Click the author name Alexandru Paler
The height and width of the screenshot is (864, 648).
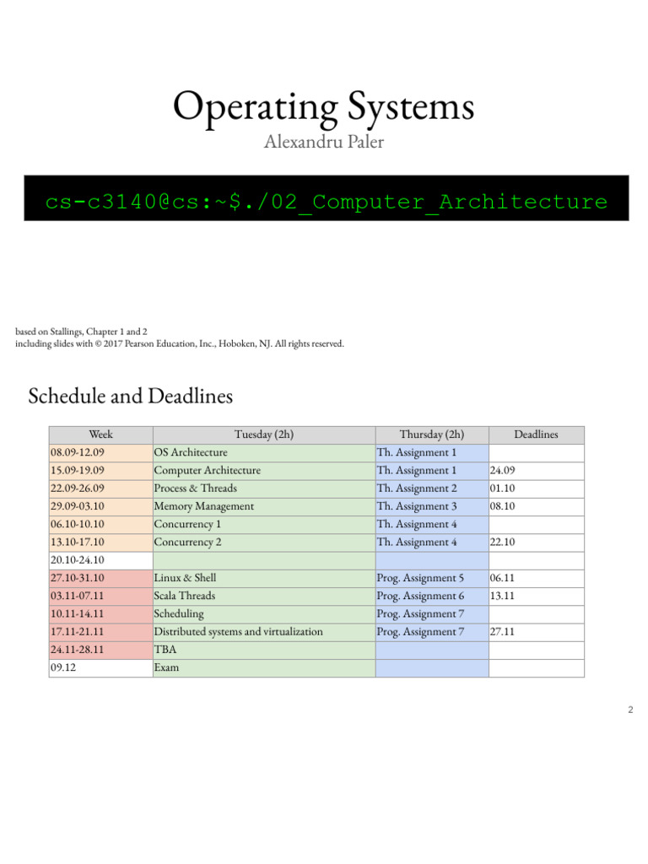click(324, 142)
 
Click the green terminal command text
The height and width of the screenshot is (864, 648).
click(327, 202)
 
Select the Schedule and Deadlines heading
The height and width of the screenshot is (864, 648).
click(130, 395)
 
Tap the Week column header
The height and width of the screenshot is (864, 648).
click(100, 435)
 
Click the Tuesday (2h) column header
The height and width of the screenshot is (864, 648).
click(263, 435)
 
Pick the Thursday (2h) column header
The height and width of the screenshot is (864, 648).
click(431, 435)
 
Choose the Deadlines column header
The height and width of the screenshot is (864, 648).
click(536, 435)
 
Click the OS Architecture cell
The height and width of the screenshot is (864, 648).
click(191, 452)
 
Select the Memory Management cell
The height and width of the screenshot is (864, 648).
click(203, 506)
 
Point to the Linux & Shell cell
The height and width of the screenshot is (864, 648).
click(185, 578)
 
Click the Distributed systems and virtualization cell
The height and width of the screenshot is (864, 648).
click(238, 631)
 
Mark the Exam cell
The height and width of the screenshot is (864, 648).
click(166, 667)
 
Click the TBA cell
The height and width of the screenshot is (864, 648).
click(165, 650)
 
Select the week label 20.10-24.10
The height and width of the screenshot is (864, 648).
click(78, 560)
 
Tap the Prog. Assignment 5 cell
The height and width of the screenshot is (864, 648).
click(420, 578)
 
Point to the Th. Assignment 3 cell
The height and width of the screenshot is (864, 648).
click(417, 506)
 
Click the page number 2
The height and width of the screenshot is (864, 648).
click(630, 710)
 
